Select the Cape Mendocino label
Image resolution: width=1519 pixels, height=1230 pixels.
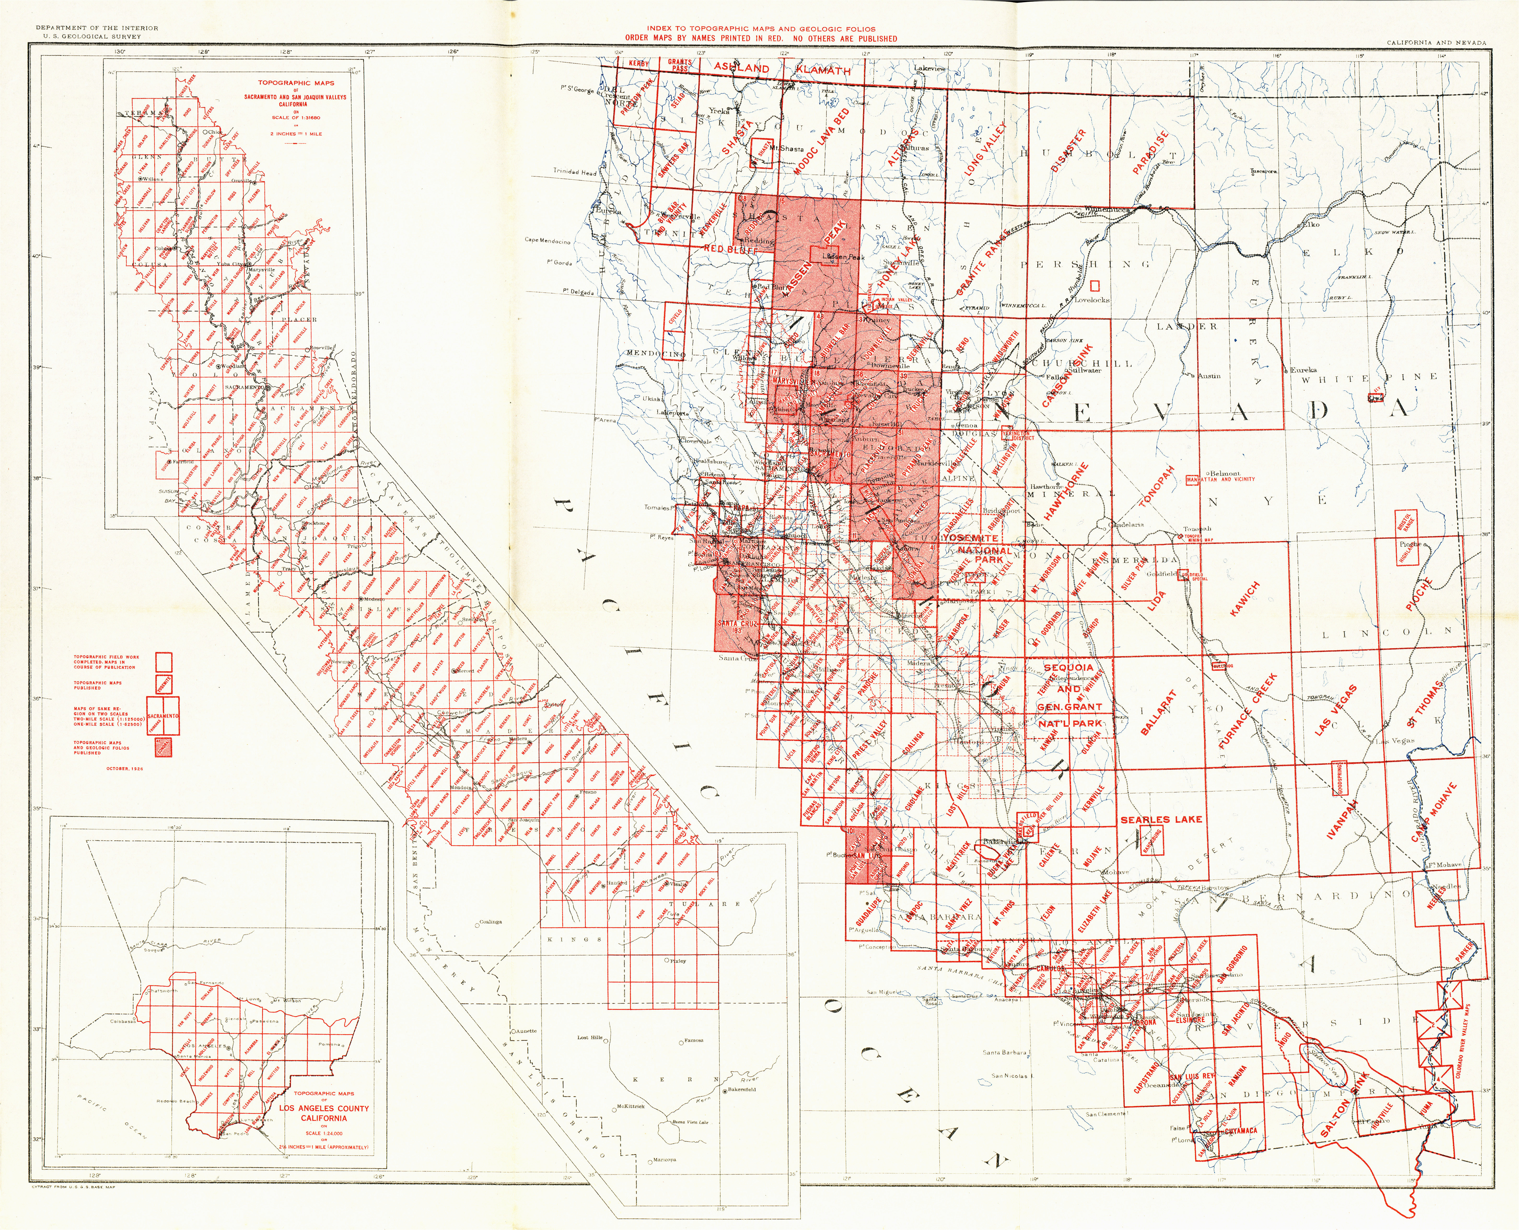[x=548, y=241]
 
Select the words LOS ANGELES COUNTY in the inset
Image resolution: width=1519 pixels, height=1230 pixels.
[x=324, y=1108]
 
